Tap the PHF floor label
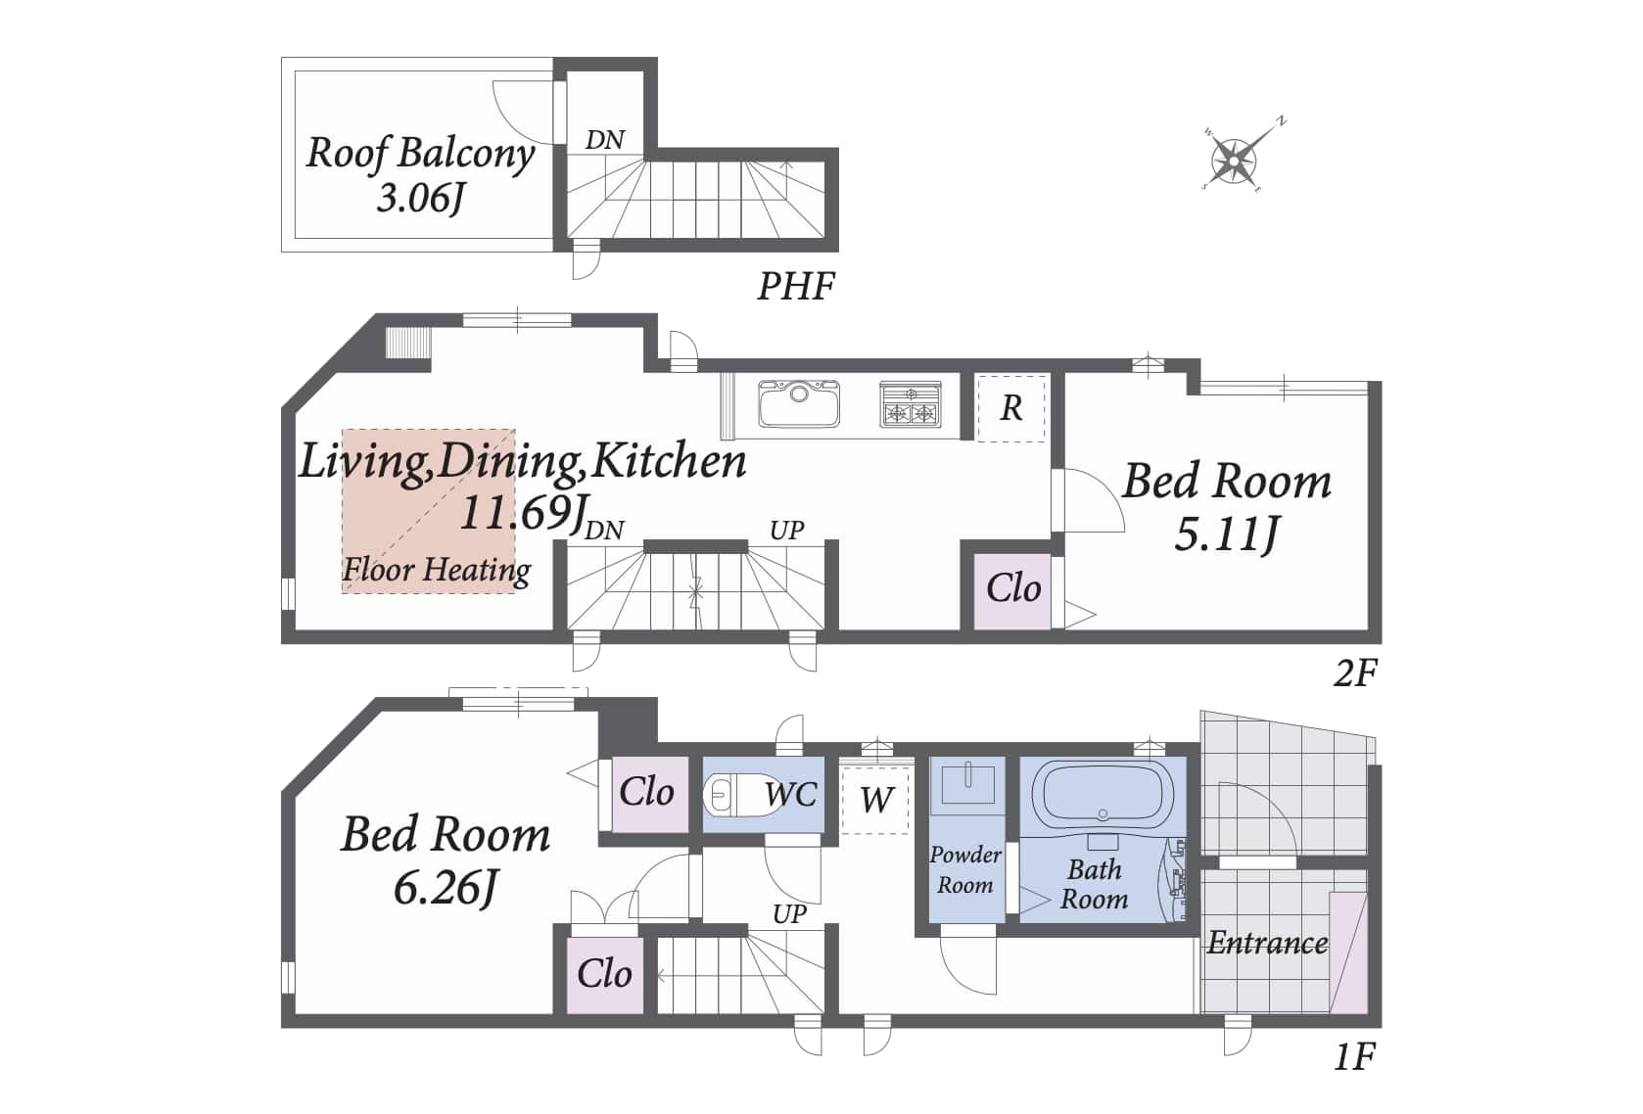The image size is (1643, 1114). [796, 286]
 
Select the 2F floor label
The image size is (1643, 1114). [1355, 673]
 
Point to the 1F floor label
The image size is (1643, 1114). [1354, 1057]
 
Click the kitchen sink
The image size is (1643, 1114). [799, 403]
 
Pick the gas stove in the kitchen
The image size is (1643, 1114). [911, 404]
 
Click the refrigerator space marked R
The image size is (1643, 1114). [1011, 408]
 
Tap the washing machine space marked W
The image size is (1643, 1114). [875, 800]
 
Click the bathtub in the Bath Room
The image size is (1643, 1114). [1103, 794]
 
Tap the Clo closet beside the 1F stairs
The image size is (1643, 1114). [605, 975]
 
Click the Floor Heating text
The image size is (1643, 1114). [437, 570]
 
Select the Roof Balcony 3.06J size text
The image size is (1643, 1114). [421, 198]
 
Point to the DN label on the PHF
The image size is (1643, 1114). [605, 139]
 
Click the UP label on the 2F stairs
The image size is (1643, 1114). [787, 530]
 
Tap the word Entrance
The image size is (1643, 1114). [1267, 943]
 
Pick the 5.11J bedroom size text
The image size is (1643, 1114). [1227, 534]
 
